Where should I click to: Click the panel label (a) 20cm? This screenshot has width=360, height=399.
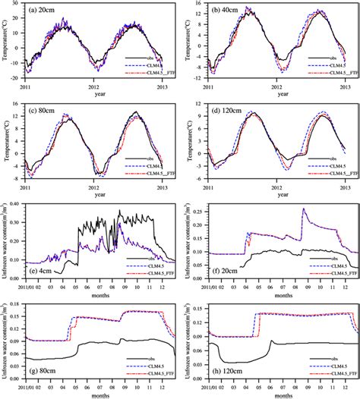click(46, 12)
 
